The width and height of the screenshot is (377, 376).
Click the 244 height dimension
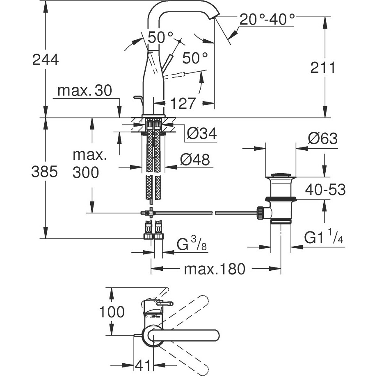(x=46, y=60)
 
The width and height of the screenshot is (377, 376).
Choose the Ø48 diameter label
(x=194, y=159)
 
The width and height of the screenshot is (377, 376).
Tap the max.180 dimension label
(x=214, y=269)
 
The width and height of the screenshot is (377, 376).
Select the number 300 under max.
(x=85, y=173)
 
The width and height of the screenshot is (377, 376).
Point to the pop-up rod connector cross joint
(x=151, y=213)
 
